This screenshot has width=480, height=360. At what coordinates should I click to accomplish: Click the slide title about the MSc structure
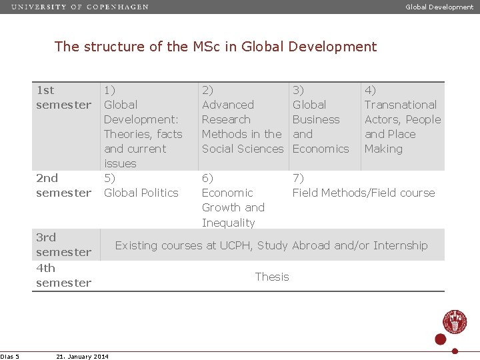(215, 47)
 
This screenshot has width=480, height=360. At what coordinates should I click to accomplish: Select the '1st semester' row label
(63, 97)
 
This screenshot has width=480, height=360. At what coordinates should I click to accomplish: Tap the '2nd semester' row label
(63, 185)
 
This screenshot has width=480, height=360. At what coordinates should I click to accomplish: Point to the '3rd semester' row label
(63, 245)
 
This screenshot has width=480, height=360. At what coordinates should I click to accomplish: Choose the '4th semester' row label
(63, 275)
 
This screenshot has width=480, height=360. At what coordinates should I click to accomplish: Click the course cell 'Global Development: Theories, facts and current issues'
(143, 127)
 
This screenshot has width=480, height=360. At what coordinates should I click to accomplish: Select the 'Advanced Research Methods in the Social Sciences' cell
(242, 119)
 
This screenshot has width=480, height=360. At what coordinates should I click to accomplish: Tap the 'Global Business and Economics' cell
(320, 119)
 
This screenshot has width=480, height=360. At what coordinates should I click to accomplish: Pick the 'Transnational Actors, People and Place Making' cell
(402, 119)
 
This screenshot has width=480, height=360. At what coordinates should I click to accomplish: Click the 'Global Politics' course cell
(141, 193)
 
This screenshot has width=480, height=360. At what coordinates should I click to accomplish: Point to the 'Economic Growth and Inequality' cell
(233, 200)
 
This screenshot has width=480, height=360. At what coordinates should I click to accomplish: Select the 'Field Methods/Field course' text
(363, 193)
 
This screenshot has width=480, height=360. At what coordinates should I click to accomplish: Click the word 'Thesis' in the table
(272, 277)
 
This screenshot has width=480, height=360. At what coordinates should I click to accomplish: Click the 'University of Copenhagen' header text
(80, 7)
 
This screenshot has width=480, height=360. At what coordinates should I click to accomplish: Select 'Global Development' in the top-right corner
(439, 7)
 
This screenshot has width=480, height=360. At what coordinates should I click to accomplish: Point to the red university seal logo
(455, 321)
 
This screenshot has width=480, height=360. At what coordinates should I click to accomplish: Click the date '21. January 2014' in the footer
(83, 357)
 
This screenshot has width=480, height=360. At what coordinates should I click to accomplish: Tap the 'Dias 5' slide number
(10, 357)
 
